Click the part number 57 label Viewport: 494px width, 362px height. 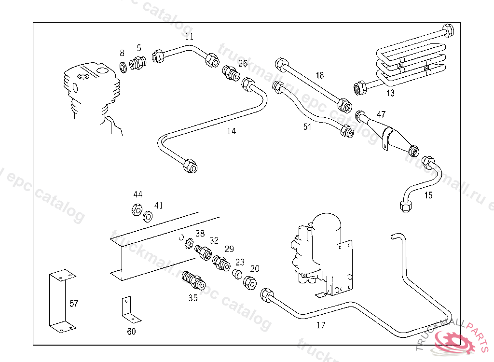73,304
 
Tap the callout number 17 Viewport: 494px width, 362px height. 321,325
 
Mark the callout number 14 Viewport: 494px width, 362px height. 232,131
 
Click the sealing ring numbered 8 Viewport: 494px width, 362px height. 123,67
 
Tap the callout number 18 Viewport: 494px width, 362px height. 320,75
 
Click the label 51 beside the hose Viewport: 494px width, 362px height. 307,127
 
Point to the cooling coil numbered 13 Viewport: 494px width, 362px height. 410,60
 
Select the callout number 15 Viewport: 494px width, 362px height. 428,195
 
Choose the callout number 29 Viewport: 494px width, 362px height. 229,249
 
